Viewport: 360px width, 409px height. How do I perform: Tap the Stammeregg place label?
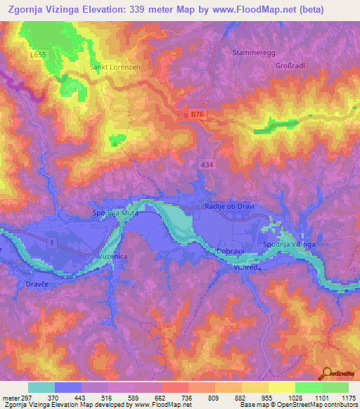251,52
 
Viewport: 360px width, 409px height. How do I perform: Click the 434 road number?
204,164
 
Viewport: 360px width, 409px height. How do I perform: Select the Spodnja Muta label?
114,212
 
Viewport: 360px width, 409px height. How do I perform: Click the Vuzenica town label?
112,258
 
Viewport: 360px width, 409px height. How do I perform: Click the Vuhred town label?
247,268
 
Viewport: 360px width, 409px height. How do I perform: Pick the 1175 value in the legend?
347,397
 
